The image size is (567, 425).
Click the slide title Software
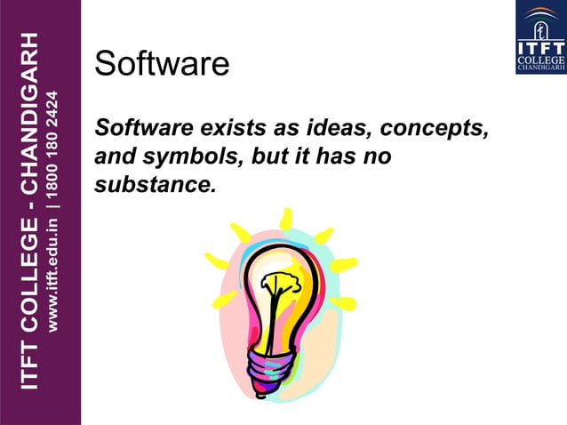162,64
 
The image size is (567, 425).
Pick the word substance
155,186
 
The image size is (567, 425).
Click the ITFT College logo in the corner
540,37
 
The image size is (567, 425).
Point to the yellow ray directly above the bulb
285,219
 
